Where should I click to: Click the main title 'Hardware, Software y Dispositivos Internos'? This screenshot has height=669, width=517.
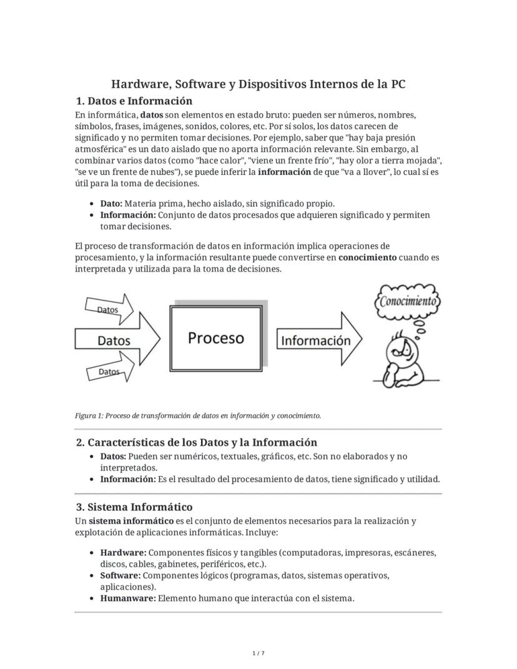pyautogui.click(x=258, y=84)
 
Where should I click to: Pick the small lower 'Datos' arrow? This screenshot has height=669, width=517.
pyautogui.click(x=109, y=372)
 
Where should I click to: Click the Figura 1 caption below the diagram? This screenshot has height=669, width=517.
pyautogui.click(x=198, y=415)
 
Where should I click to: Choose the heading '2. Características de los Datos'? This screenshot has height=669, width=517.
pyautogui.click(x=196, y=442)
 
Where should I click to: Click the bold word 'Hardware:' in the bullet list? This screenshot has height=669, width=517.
pyautogui.click(x=123, y=553)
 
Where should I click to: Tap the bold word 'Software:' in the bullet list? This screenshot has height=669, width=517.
pyautogui.click(x=121, y=575)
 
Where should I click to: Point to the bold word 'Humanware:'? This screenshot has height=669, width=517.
pyautogui.click(x=127, y=598)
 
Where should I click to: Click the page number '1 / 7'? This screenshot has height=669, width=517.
pyautogui.click(x=258, y=653)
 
